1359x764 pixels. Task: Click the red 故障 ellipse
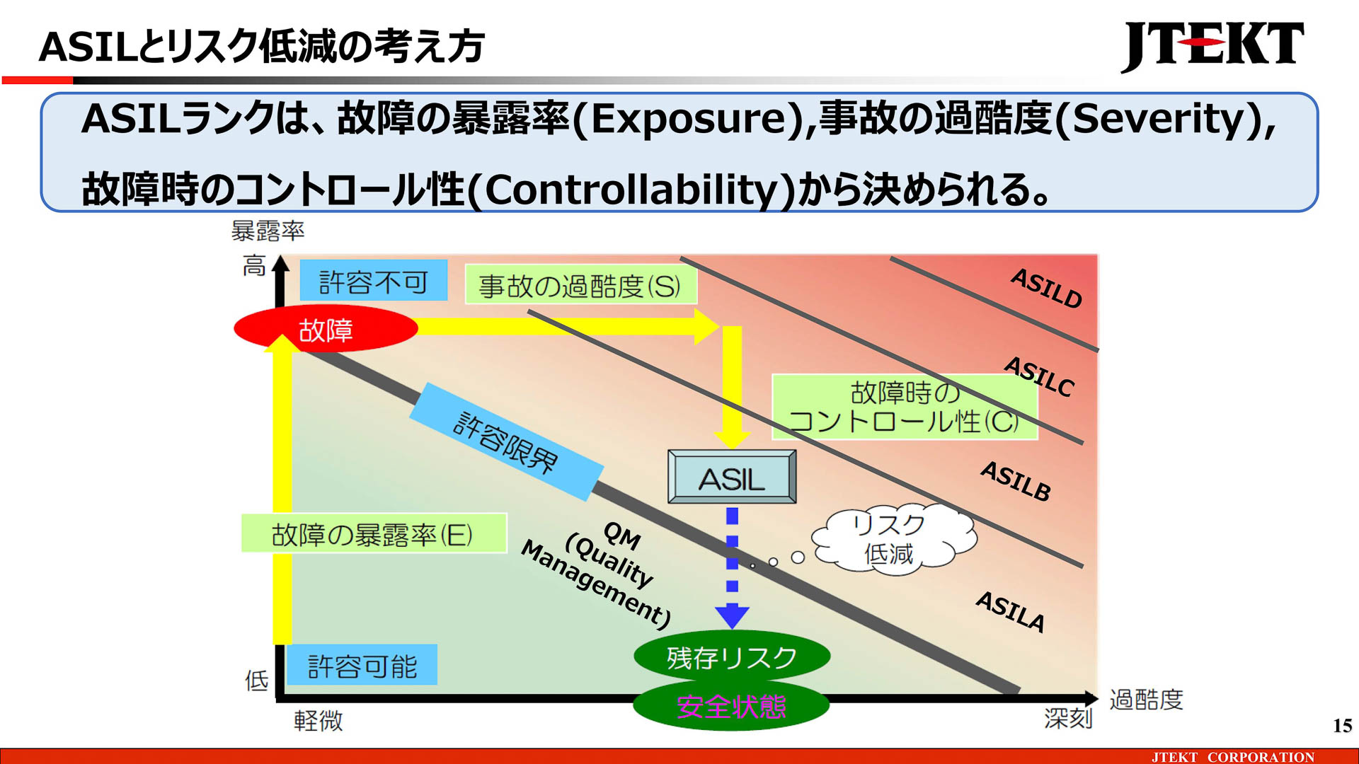(x=326, y=329)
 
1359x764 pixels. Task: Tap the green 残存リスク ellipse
(x=731, y=657)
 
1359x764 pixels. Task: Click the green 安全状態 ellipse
(x=731, y=706)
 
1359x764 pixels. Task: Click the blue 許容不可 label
(x=373, y=281)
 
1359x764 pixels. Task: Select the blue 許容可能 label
(x=362, y=665)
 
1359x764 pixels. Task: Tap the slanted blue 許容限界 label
(x=505, y=442)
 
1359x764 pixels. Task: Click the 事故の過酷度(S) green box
(x=580, y=285)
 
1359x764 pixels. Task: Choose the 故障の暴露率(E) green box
(x=373, y=533)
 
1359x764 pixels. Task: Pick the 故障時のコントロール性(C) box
(x=904, y=407)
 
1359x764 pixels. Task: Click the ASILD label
(x=1046, y=288)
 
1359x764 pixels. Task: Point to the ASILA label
(x=1011, y=611)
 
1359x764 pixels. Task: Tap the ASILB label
(x=1016, y=481)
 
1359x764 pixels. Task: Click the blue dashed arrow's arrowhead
(x=732, y=615)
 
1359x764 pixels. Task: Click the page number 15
(x=1342, y=725)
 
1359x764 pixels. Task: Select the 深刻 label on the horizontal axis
(x=1068, y=718)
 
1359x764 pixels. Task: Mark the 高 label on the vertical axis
(x=254, y=266)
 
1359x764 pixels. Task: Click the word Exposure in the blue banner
(x=687, y=119)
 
